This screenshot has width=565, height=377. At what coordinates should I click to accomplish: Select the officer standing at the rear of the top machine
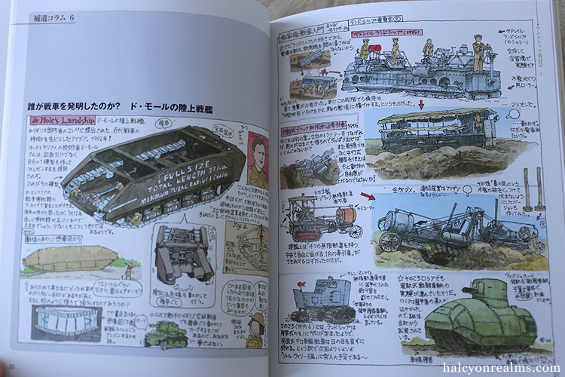point(480,53)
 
